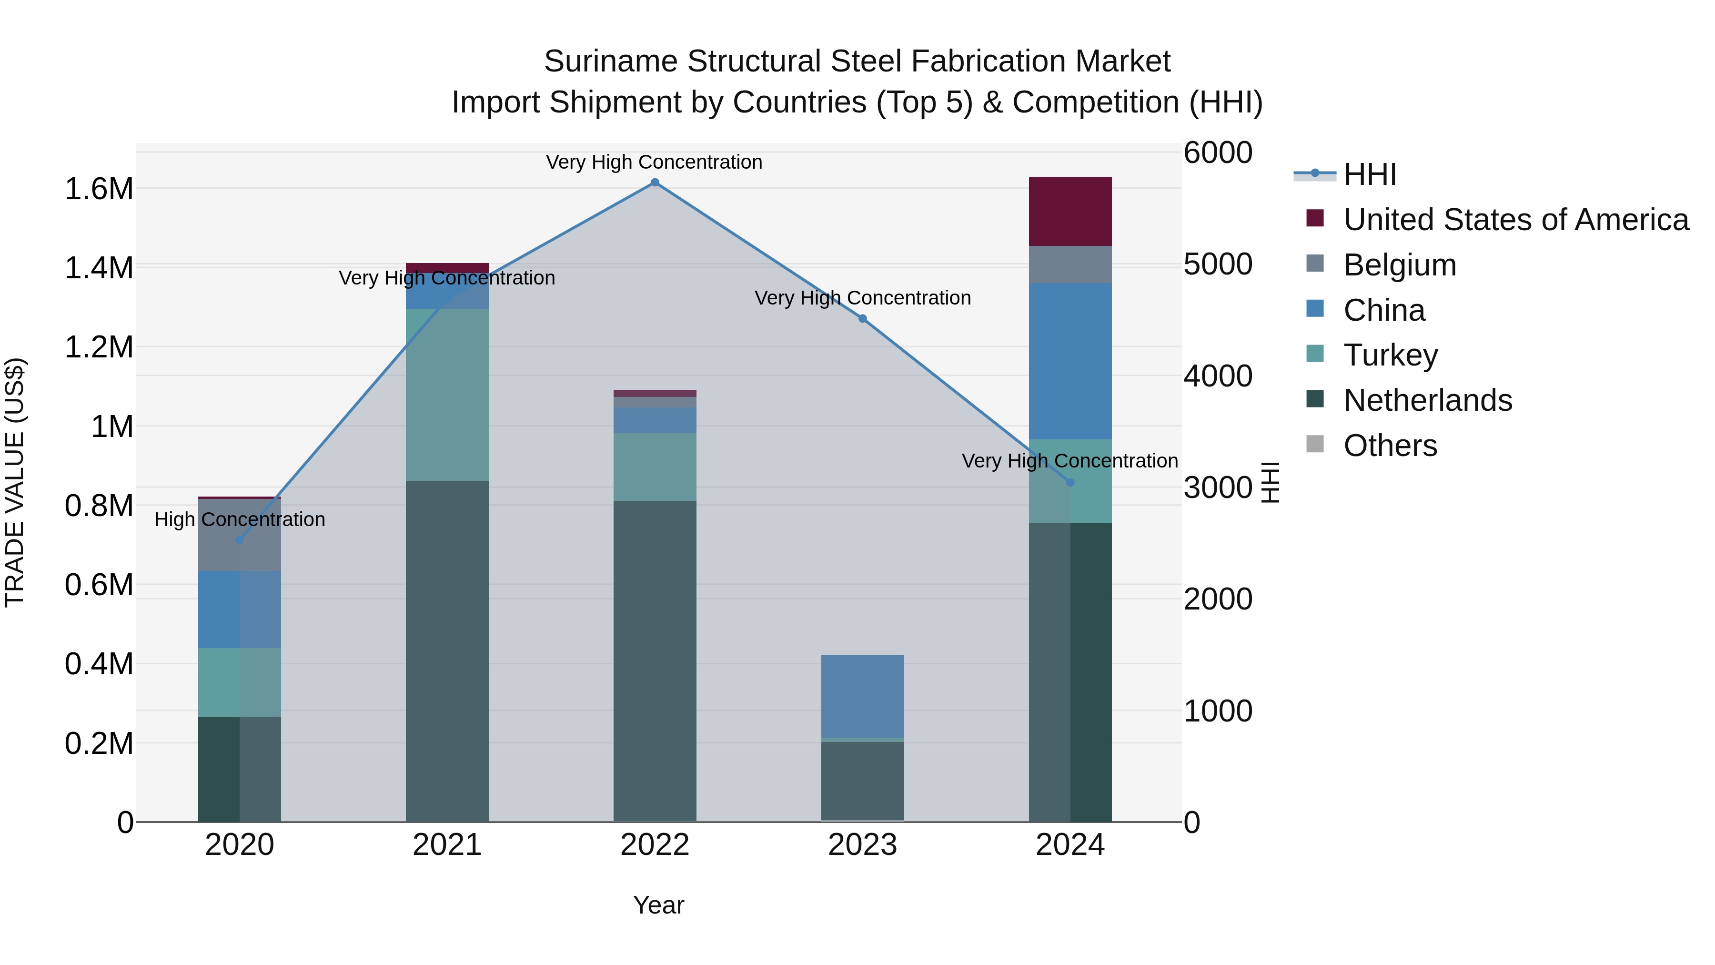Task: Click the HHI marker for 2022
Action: pyautogui.click(x=655, y=183)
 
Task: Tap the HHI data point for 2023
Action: pyautogui.click(x=862, y=319)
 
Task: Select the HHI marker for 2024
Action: pyautogui.click(x=1070, y=482)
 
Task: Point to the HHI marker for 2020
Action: pyautogui.click(x=240, y=540)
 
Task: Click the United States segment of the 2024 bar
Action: pyautogui.click(x=1070, y=212)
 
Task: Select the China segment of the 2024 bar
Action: pyautogui.click(x=1070, y=361)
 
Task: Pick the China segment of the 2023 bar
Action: pyautogui.click(x=862, y=696)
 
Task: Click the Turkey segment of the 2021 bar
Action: pyautogui.click(x=447, y=394)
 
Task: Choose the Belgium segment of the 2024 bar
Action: pyautogui.click(x=1070, y=264)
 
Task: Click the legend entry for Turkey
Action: pyautogui.click(x=1390, y=355)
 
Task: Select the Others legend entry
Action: pyautogui.click(x=1390, y=446)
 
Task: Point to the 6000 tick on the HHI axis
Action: pyautogui.click(x=1218, y=152)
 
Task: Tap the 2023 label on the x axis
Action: pyautogui.click(x=862, y=845)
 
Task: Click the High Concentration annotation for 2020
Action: pyautogui.click(x=240, y=519)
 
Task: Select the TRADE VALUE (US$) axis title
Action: pyautogui.click(x=15, y=482)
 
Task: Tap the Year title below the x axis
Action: pyautogui.click(x=658, y=905)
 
